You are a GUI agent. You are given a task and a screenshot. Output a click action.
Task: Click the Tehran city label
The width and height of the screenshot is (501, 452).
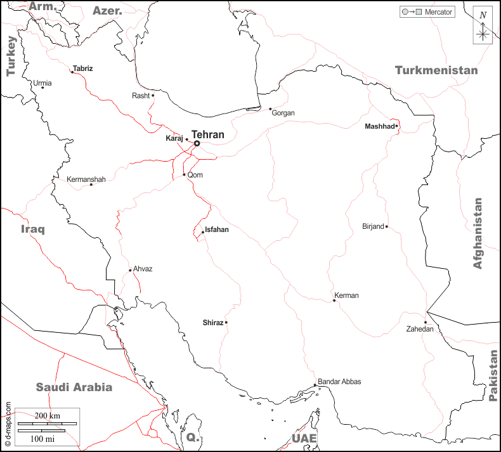pos(208,134)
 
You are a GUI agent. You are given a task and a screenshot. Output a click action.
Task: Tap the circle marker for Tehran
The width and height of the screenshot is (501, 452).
pos(197,143)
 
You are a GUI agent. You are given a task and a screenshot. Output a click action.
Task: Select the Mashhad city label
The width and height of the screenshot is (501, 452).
pos(379,127)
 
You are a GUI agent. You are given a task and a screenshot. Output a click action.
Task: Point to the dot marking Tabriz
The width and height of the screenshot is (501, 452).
pos(72,72)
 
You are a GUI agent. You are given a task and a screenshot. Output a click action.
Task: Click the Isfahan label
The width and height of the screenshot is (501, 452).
pos(217,229)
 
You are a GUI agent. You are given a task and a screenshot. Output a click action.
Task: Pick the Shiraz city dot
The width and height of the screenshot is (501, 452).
pos(226,322)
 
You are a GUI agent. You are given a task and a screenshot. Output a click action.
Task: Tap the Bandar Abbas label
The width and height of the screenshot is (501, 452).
pos(339,382)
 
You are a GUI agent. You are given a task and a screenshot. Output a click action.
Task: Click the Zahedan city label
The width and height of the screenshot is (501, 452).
pos(420,329)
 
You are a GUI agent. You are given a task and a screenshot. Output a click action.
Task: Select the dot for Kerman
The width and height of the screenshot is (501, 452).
pos(334,300)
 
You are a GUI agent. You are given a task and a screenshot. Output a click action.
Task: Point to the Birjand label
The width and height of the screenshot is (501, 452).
pos(373,226)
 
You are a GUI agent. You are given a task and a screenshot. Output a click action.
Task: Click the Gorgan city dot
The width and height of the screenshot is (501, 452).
pos(270,108)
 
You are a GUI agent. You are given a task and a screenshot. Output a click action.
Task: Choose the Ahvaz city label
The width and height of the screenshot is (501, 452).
pos(143,269)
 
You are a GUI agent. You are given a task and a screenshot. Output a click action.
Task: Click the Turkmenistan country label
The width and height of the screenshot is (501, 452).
pos(436,70)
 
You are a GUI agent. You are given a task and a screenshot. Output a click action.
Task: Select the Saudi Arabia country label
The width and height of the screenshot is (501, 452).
pos(74,387)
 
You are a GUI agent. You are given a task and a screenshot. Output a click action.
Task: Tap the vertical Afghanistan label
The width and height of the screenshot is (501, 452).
pos(478,233)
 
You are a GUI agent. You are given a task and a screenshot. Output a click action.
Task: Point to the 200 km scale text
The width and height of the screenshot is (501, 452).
pos(47,415)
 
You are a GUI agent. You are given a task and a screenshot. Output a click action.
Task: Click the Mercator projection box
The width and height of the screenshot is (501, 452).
pos(427,12)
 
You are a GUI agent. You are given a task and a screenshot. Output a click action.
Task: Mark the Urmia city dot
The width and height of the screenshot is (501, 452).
pos(42,87)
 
